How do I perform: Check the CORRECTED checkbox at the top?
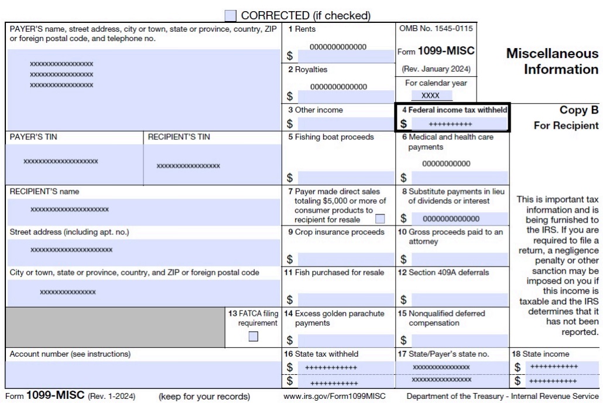(231, 16)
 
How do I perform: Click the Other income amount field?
(345, 124)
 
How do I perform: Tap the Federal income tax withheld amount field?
(458, 124)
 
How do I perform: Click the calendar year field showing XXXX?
(430, 95)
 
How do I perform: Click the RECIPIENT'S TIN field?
(212, 165)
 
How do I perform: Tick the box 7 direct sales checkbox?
(380, 219)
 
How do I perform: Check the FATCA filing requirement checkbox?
(253, 336)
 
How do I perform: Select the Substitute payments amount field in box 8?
(458, 218)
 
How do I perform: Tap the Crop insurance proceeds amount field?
(345, 259)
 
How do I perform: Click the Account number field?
(143, 374)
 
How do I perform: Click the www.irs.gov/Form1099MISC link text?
(334, 397)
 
